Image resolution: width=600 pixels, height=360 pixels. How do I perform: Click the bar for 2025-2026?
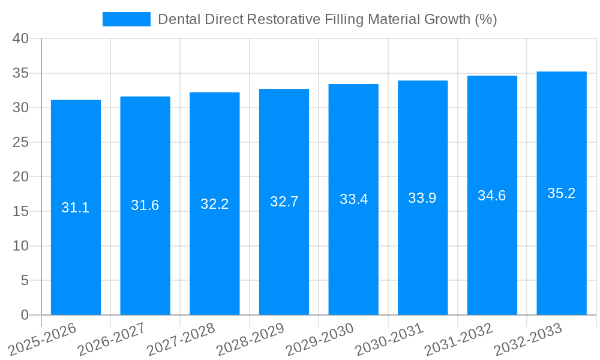click(76, 240)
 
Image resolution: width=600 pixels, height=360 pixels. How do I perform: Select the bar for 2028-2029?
click(284, 240)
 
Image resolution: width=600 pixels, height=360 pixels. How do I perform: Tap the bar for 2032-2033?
click(562, 240)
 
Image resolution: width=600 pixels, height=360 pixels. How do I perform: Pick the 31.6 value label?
click(145, 205)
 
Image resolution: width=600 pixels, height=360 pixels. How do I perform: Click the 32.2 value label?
click(215, 204)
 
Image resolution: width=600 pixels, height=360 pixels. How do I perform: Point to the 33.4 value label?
click(353, 199)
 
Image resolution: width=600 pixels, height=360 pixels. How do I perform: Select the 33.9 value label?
click(422, 198)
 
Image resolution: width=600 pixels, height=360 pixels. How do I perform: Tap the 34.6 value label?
click(492, 196)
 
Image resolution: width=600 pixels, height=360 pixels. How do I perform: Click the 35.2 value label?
click(562, 193)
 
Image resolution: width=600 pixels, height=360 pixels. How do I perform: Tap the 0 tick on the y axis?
click(25, 315)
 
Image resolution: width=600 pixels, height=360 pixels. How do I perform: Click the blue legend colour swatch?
click(127, 19)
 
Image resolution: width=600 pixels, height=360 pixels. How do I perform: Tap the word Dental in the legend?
click(177, 19)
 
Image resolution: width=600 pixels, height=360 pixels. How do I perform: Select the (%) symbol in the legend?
click(485, 19)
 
